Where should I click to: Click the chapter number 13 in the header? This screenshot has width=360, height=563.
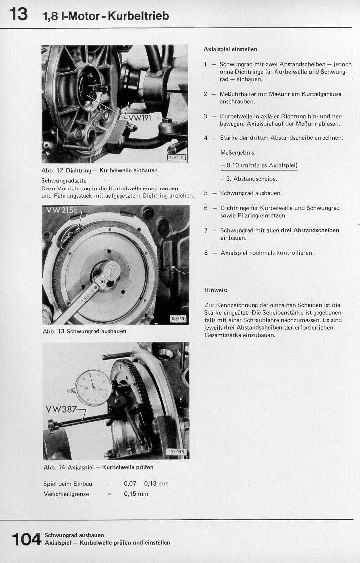18,14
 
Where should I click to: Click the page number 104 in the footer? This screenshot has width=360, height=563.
26,539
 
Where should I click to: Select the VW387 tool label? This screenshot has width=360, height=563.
61,409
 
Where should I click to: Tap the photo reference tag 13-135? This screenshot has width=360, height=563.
177,318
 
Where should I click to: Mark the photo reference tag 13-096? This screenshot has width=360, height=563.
176,452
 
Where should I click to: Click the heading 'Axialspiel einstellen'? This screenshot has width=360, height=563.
231,49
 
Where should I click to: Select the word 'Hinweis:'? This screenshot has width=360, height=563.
216,290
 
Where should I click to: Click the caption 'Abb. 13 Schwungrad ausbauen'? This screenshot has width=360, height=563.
85,331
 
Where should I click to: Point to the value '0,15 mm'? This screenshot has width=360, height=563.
136,494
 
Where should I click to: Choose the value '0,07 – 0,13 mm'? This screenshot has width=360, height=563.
146,483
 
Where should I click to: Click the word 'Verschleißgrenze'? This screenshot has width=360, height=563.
66,494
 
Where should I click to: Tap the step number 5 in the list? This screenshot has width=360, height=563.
206,193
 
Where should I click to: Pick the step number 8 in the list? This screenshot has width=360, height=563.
206,253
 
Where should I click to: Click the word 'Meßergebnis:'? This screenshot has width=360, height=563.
238,152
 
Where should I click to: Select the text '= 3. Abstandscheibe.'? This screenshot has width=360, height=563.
248,179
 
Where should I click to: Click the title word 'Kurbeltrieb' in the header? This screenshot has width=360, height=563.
139,16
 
